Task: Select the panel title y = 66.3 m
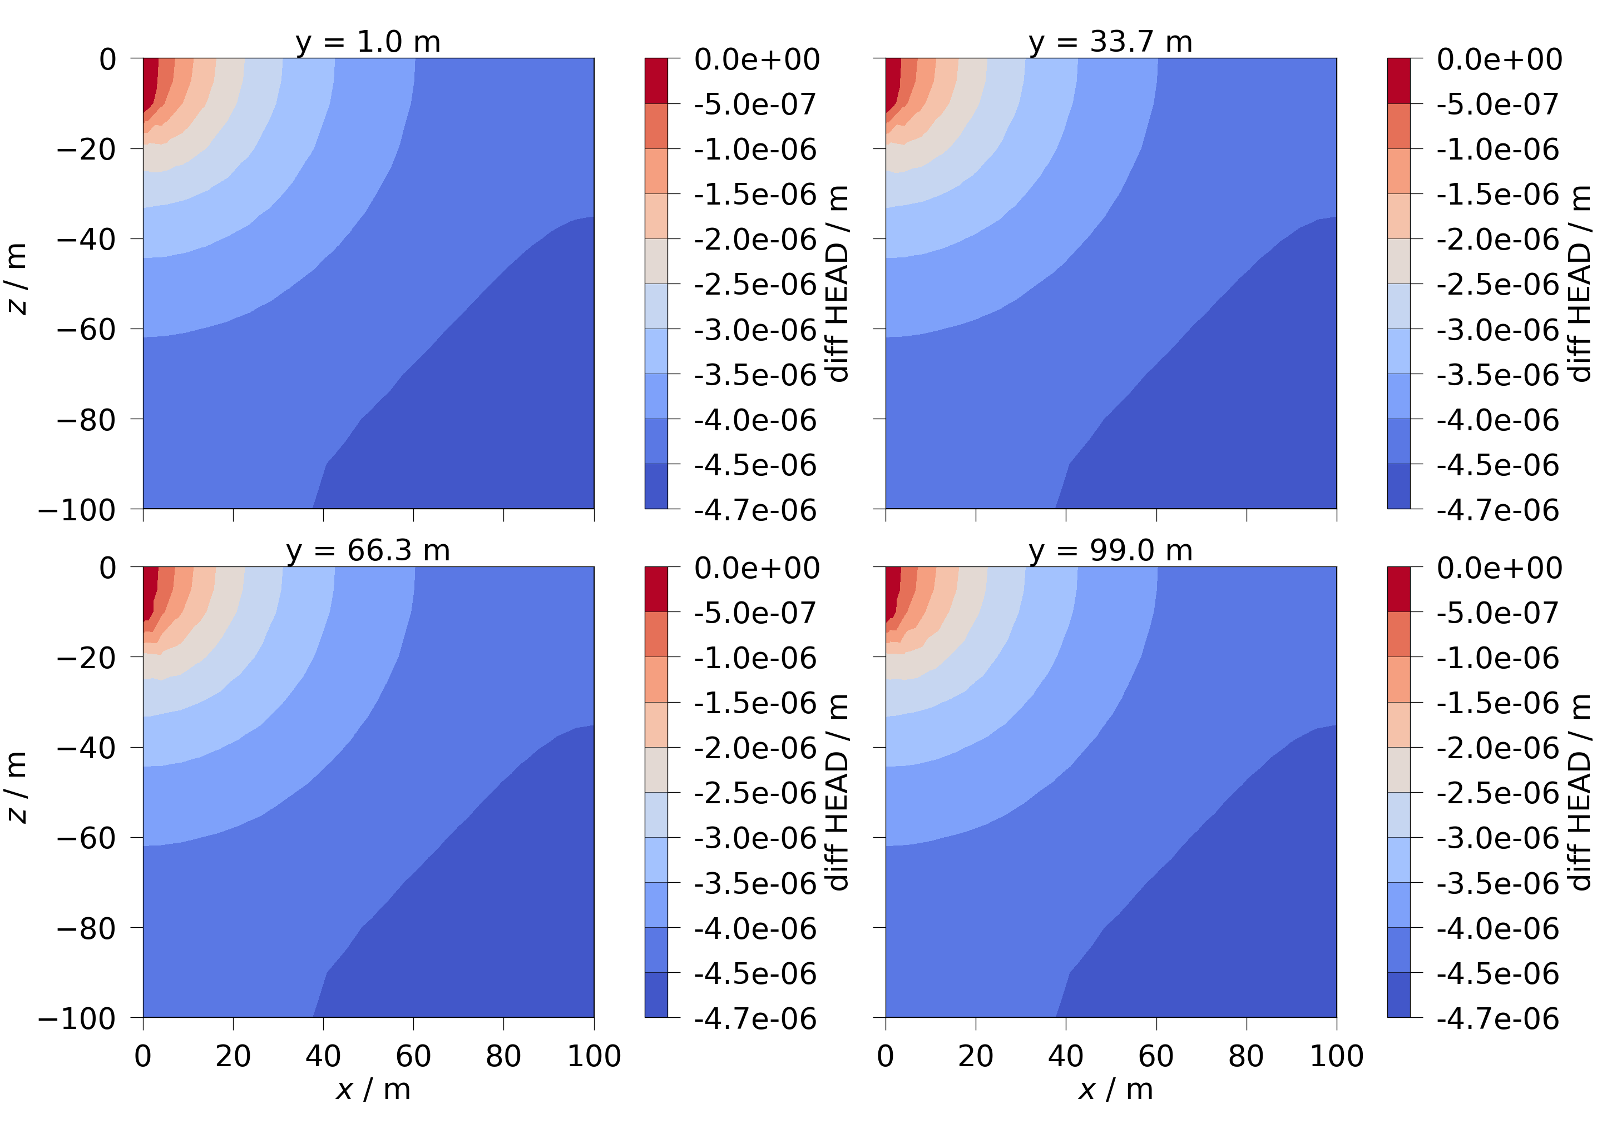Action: point(368,550)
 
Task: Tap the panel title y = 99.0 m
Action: point(1110,550)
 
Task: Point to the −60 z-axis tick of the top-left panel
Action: point(86,329)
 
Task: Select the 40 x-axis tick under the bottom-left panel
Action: point(323,1056)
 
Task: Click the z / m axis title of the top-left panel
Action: point(17,279)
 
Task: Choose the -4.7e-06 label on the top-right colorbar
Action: point(1497,510)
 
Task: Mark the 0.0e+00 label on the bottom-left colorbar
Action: point(756,568)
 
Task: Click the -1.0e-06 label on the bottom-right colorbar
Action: point(1497,658)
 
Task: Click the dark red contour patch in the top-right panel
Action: point(892,80)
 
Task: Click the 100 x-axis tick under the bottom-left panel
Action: point(594,1056)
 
